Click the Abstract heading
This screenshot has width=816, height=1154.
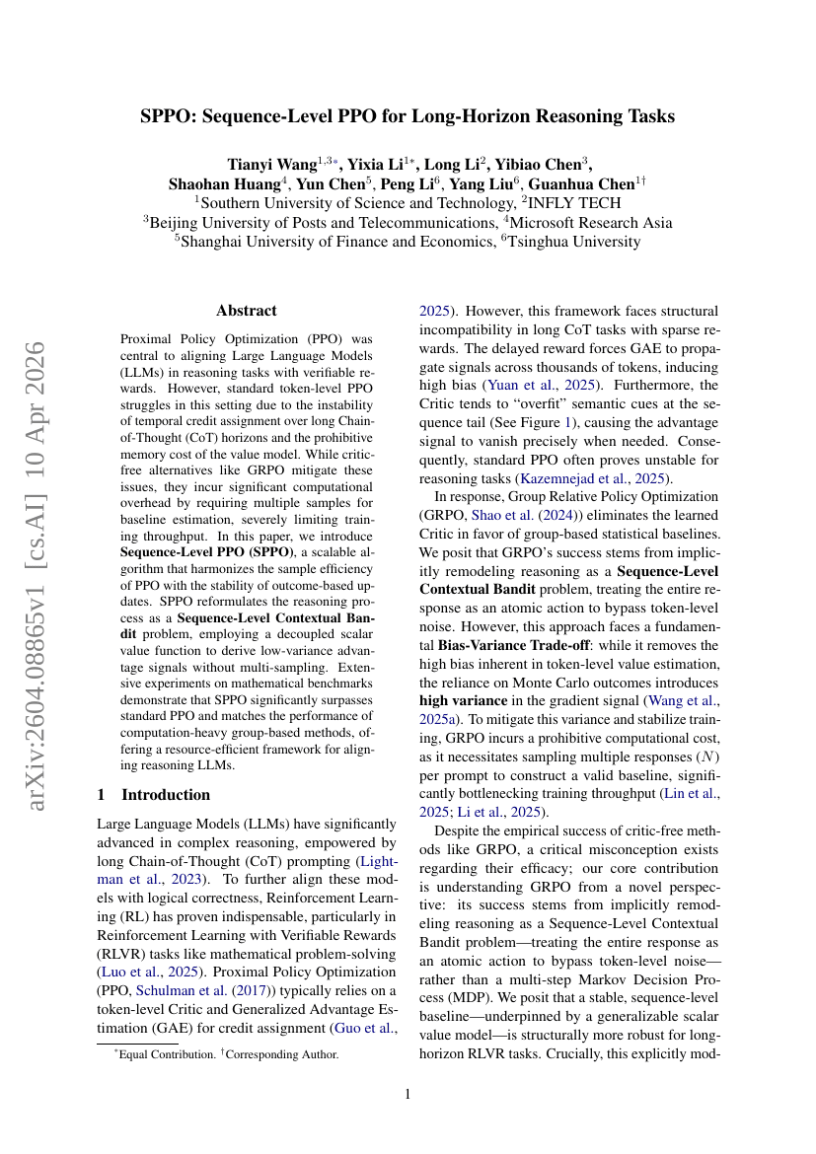247,310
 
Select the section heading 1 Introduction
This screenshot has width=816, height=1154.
154,795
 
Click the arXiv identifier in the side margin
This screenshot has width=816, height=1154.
37,577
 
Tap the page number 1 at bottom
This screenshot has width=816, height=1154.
408,1094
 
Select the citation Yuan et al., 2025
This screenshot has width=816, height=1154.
546,386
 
